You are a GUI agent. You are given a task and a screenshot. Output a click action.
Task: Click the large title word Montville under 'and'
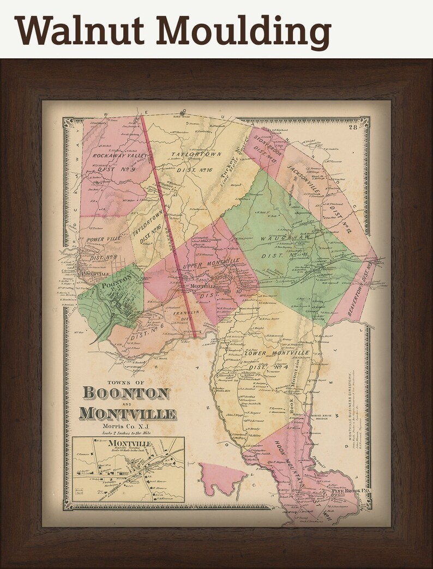pos(128,413)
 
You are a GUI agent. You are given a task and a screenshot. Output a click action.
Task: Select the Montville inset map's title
pos(129,443)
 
